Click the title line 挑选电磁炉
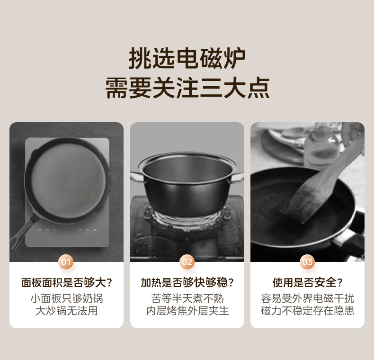(x=187, y=59)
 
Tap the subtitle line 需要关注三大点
(x=187, y=88)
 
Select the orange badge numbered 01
(x=66, y=262)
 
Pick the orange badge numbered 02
(x=187, y=262)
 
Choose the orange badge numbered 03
(x=307, y=262)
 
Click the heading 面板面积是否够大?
(x=66, y=283)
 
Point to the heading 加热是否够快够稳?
(x=187, y=283)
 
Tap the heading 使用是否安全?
(x=307, y=283)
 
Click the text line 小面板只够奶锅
(x=66, y=298)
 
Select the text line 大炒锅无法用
(x=66, y=311)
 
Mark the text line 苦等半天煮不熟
(x=187, y=298)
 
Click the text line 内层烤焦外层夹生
(x=187, y=311)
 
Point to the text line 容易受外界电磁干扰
(x=307, y=298)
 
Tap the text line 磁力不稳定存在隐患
(x=307, y=311)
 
